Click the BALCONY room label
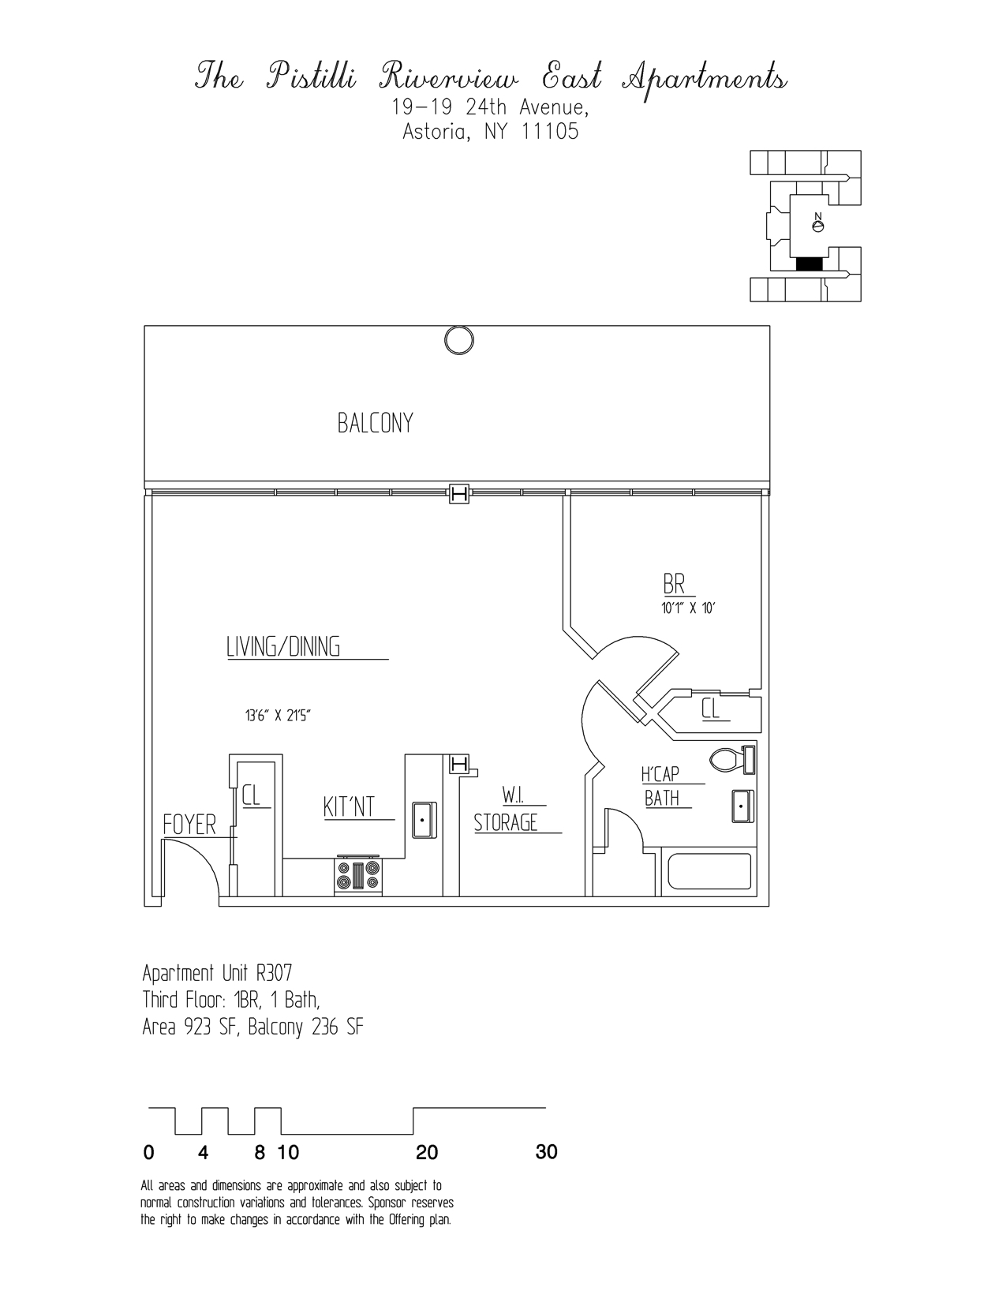(375, 424)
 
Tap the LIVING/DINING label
(283, 647)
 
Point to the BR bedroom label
(674, 585)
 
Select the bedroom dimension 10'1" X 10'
(688, 608)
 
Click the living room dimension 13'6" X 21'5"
(282, 716)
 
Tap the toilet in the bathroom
(733, 760)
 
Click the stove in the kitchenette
(358, 875)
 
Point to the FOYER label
(189, 825)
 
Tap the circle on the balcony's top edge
(459, 340)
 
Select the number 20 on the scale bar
(427, 1153)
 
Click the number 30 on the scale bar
(546, 1152)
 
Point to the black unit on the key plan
(809, 264)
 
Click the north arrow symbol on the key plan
(818, 224)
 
